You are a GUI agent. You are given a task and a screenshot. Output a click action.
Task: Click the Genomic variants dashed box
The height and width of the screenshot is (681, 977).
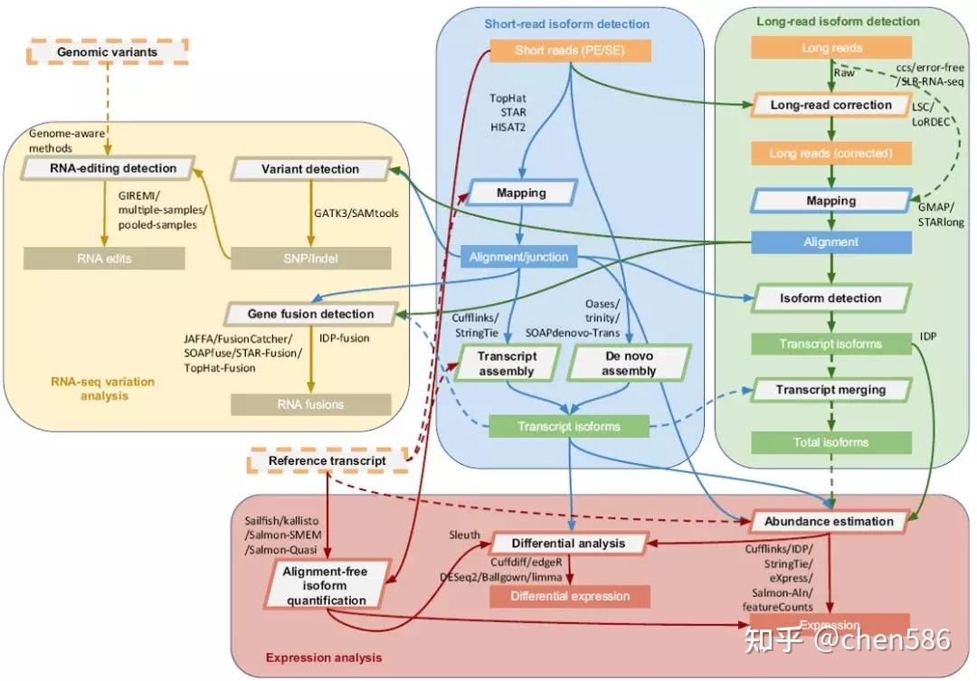(x=107, y=52)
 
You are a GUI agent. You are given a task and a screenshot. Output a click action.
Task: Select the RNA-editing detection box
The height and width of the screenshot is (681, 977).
(x=110, y=168)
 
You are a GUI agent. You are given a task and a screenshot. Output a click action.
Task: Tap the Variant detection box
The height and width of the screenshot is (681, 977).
(x=310, y=168)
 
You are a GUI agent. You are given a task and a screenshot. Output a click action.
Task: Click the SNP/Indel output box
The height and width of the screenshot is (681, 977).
(x=310, y=259)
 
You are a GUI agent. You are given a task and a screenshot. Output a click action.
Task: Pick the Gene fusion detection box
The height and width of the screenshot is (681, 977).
(x=310, y=314)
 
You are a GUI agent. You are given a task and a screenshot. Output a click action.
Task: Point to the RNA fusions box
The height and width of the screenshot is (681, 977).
(x=310, y=404)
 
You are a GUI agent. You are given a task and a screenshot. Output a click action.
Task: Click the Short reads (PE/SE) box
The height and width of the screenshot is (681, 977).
(x=570, y=51)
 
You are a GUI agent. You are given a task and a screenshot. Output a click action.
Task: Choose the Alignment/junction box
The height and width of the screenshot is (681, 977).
(x=518, y=257)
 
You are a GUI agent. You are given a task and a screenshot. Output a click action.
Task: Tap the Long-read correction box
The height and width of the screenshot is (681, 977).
(x=830, y=105)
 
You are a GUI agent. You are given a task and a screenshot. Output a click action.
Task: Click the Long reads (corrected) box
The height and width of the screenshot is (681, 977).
(x=830, y=153)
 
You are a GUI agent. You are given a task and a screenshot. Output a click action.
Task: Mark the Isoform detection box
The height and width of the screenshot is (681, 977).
(x=830, y=298)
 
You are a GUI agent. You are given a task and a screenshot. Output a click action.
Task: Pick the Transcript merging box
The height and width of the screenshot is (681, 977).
(x=830, y=390)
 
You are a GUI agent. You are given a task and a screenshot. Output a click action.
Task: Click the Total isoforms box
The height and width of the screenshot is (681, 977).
(x=831, y=442)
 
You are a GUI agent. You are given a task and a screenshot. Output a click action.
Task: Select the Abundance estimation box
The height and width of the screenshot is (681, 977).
(x=829, y=521)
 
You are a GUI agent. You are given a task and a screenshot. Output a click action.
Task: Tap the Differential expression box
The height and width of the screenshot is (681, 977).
(x=570, y=596)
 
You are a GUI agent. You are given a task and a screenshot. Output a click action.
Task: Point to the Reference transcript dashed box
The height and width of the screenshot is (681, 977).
(x=327, y=461)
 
